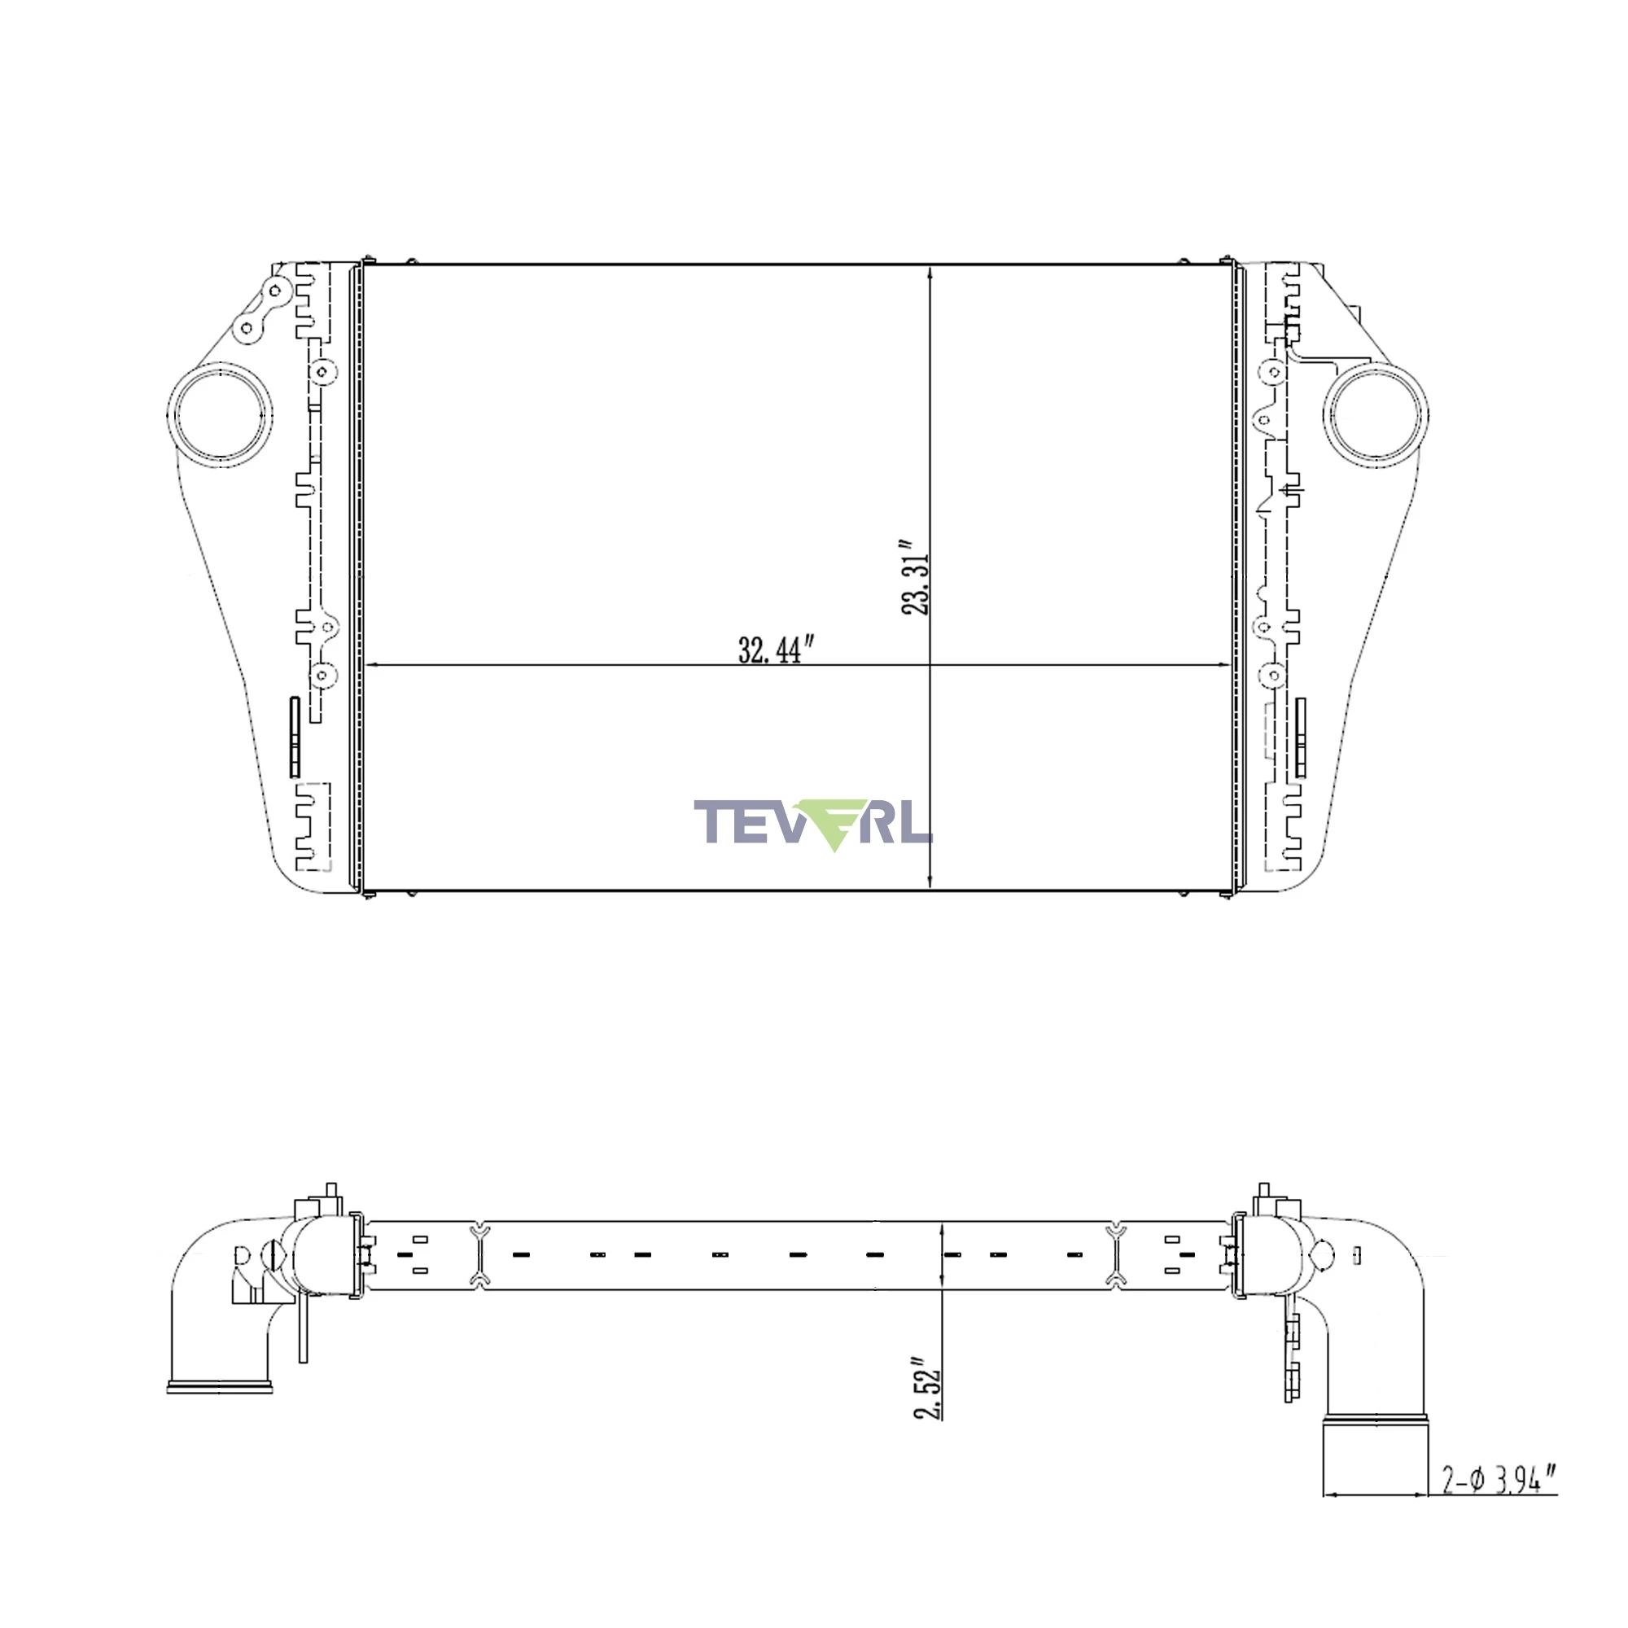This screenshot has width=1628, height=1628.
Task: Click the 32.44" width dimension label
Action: [x=776, y=650]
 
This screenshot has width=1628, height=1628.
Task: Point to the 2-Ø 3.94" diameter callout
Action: [x=1499, y=1480]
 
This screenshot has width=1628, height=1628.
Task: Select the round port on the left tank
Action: [x=220, y=415]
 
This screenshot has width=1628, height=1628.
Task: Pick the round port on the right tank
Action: [x=1375, y=415]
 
